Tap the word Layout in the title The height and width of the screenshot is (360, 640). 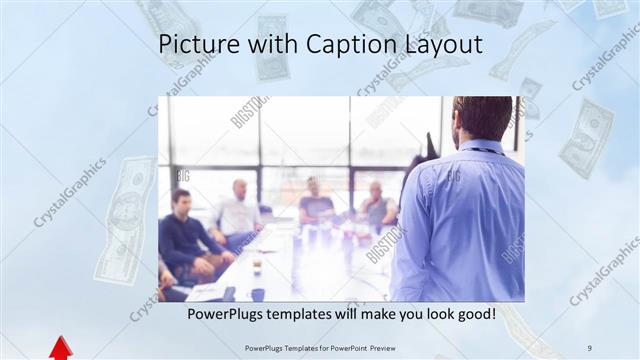[x=437, y=45]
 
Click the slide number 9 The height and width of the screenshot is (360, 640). [x=590, y=348]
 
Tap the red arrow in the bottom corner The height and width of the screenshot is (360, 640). [x=61, y=347]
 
